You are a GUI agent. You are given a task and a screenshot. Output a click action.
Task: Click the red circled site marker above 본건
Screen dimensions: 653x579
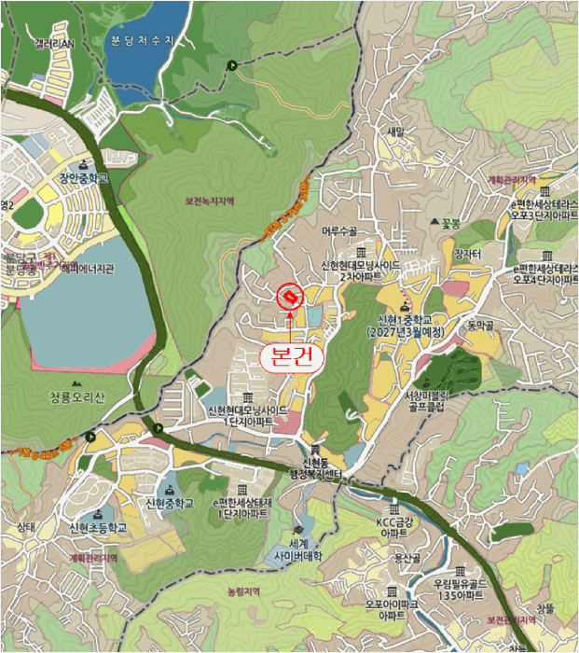pos(290,296)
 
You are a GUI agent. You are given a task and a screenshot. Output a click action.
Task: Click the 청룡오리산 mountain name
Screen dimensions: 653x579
pos(79,396)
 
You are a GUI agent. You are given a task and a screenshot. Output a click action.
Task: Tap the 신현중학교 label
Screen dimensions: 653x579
pos(170,504)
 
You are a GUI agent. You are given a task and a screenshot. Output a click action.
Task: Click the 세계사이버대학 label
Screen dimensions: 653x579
pos(298,549)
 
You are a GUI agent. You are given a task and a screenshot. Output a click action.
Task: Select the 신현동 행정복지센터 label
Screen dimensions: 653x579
pos(314,469)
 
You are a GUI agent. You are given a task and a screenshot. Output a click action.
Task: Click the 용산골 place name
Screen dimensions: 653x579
pos(407,557)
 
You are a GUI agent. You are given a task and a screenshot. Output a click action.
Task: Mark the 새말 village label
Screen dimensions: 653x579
pos(396,132)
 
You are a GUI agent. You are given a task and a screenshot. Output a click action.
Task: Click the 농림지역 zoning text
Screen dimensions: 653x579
pos(245,591)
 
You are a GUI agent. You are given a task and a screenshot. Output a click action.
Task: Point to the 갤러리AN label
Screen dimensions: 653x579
pos(54,43)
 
